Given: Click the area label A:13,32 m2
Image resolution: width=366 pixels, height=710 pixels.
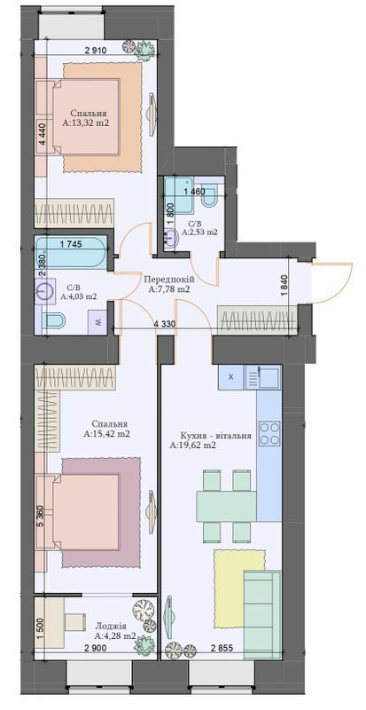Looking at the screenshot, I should click(x=86, y=125).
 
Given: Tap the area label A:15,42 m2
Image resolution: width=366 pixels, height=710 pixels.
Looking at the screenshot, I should click(x=106, y=435).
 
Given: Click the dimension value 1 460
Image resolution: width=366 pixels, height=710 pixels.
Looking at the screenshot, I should click(x=195, y=191).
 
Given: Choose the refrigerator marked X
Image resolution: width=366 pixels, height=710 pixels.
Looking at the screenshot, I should click(x=230, y=377).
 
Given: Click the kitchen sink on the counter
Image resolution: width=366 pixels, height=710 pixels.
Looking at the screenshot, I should click(x=265, y=378).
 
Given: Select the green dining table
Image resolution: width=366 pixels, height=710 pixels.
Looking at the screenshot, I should click(x=225, y=506).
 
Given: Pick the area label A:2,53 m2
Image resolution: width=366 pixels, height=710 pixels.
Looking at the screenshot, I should click(x=199, y=232).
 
